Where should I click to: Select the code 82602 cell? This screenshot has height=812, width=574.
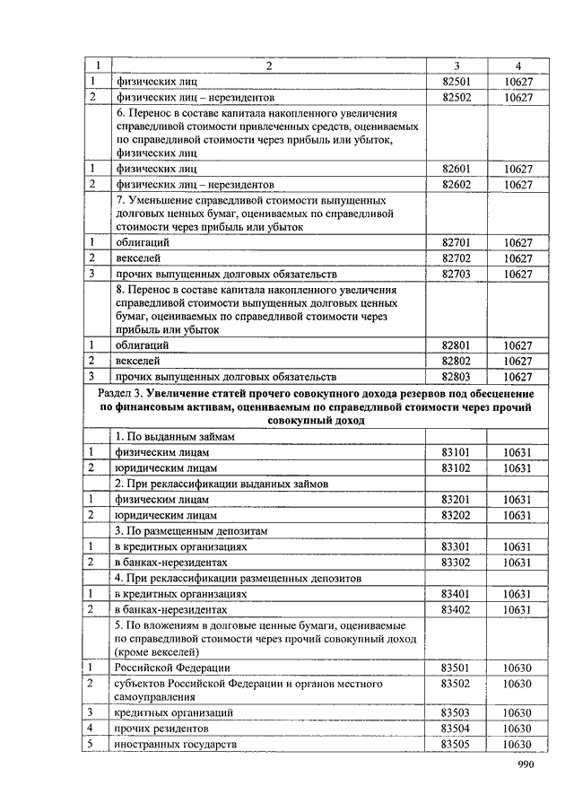[457, 185]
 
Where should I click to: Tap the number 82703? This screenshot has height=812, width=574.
[457, 274]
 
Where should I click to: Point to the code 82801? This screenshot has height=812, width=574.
[457, 345]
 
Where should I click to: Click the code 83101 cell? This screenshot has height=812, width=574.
[457, 452]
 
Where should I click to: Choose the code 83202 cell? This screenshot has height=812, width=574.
[457, 515]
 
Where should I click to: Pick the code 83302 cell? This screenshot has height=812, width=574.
[457, 562]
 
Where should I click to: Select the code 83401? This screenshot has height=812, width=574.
[457, 593]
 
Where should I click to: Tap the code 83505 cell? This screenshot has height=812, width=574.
[457, 745]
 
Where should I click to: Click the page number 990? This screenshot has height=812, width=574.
[525, 764]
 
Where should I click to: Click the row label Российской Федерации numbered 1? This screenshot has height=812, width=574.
[160, 668]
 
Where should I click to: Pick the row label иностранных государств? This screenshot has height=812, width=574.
[175, 745]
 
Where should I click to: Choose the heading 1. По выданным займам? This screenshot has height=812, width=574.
[174, 436]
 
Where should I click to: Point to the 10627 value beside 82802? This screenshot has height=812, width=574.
[517, 361]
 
